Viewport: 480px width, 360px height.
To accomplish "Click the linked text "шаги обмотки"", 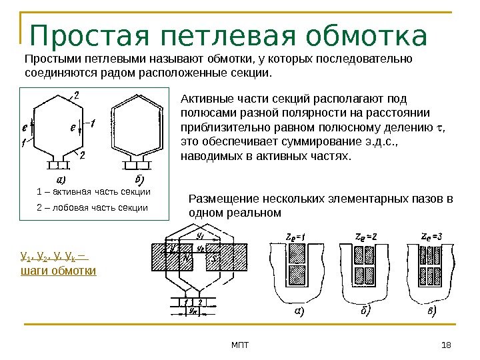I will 59,271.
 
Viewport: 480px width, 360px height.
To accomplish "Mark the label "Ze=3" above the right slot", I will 431,237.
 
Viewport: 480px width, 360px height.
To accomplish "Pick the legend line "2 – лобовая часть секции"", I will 93,208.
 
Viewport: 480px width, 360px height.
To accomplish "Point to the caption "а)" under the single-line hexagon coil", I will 61,180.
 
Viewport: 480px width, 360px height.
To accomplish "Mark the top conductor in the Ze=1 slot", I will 295,253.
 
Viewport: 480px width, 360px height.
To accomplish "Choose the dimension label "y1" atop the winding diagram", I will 199,235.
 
